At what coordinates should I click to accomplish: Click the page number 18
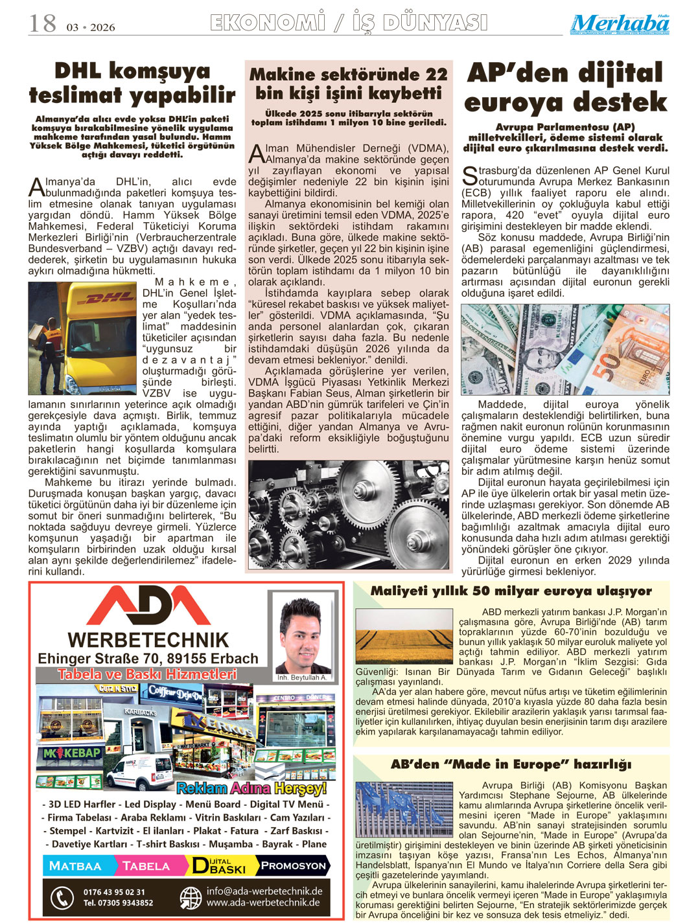coord(43,23)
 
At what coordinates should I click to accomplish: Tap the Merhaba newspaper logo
coord(620,24)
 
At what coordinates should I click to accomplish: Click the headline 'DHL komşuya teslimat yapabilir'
coord(132,82)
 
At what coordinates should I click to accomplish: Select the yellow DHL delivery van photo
coord(83,338)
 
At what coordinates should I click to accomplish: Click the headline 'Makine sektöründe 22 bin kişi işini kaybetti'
coord(349,84)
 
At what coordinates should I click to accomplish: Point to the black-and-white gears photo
coord(349,514)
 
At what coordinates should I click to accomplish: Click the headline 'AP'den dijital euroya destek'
coord(565,87)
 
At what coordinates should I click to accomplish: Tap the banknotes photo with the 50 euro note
coord(565,350)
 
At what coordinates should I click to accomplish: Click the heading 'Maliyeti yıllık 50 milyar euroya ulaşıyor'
coord(511,591)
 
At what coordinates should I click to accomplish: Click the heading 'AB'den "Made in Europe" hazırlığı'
coord(511,764)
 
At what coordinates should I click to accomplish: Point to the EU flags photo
coord(404,809)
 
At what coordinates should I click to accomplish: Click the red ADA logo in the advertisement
coord(148,606)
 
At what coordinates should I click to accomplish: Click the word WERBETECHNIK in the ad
coord(148,640)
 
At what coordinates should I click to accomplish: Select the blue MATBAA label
coord(76,866)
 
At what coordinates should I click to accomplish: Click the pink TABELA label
coord(147,866)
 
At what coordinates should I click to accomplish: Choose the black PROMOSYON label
coord(293,866)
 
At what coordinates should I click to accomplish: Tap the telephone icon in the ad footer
coord(62,897)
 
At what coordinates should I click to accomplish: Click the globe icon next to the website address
coord(191,897)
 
